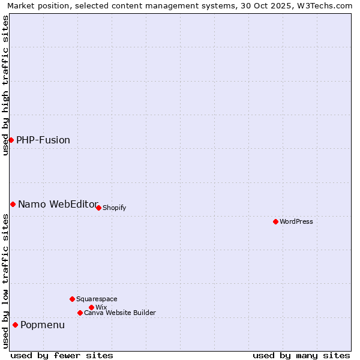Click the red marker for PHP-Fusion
(11, 140)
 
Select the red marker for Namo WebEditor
(13, 204)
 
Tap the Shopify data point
(98, 208)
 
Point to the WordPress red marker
(275, 221)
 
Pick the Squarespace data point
(72, 299)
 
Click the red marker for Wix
(91, 307)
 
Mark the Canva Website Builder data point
(80, 313)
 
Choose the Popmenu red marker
(15, 325)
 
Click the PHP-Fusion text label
(43, 140)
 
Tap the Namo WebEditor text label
(58, 204)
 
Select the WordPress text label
(296, 221)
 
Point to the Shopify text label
(115, 208)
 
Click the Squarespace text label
(97, 299)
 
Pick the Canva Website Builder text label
(120, 313)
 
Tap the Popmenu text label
(43, 325)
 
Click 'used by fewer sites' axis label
(62, 355)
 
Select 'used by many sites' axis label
(301, 355)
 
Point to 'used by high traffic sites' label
(5, 85)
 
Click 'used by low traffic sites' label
(5, 281)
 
